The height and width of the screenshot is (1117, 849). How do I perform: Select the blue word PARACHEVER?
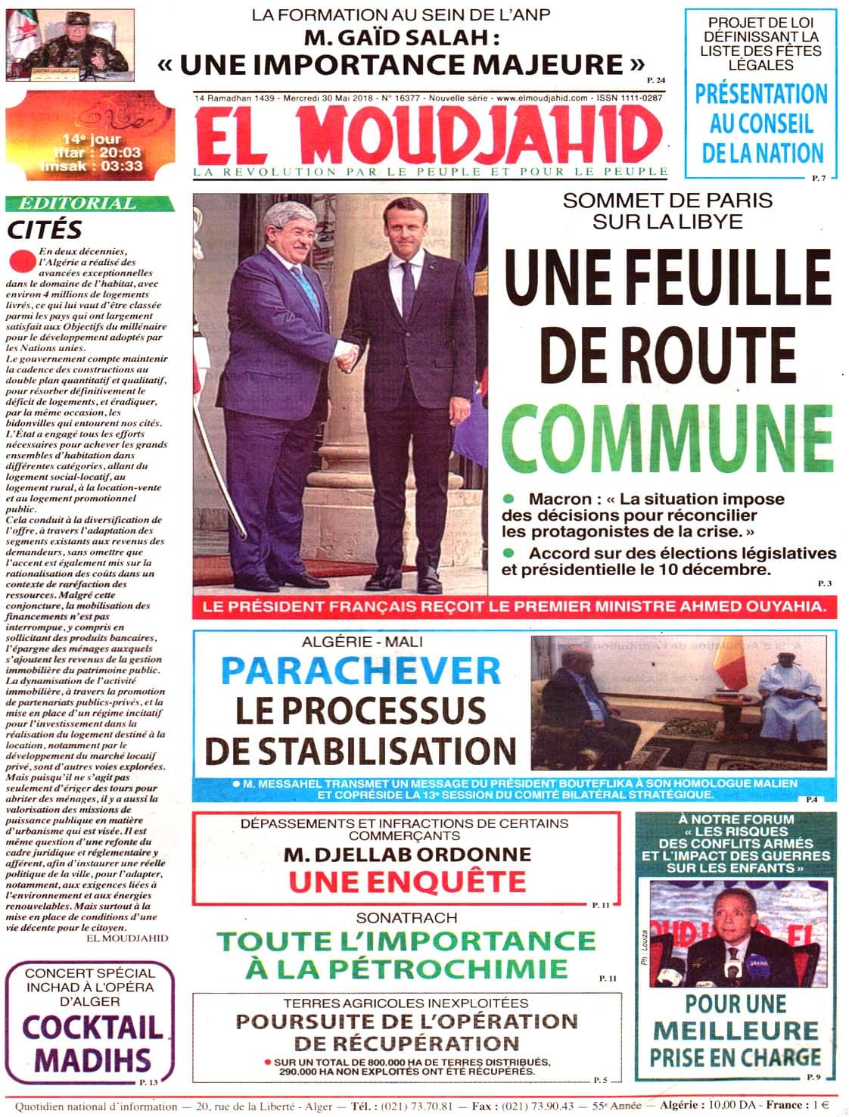pos(362,670)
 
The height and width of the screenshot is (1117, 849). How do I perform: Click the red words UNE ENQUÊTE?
pos(407,881)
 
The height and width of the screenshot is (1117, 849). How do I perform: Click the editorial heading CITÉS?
pos(45,229)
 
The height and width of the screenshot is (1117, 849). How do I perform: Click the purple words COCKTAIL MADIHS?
pos(92,1042)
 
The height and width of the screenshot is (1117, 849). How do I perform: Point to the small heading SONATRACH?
pos(407,917)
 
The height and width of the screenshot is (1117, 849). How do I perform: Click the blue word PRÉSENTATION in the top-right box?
pos(761,95)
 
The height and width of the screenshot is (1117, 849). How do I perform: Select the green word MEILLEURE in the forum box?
pos(736,1030)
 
